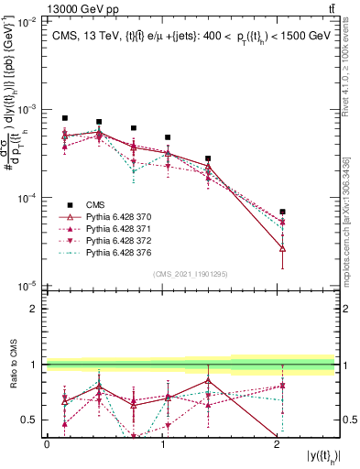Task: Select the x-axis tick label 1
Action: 162,442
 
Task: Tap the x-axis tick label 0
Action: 47,442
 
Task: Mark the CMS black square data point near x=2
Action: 282,212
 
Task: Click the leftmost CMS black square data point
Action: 64,118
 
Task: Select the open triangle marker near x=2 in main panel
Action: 282,248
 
